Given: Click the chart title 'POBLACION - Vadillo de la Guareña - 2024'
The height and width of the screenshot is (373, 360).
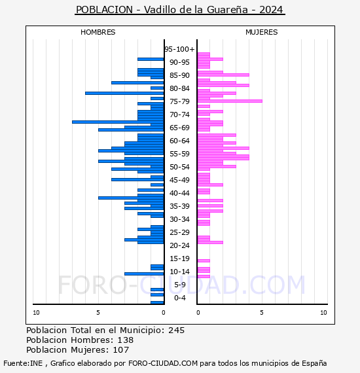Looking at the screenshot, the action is click(179, 10).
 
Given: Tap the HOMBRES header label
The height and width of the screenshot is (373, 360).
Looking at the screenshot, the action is click(98, 32).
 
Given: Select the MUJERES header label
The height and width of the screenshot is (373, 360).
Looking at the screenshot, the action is click(262, 32).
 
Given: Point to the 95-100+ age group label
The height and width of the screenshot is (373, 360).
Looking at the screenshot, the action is click(179, 49).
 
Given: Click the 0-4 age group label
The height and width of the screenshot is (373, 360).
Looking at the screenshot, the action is click(180, 298).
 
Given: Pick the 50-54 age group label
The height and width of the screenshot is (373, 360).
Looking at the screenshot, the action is click(179, 167).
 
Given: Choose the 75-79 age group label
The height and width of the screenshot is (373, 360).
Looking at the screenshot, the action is click(179, 101).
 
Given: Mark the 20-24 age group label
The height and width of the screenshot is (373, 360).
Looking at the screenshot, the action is click(179, 245).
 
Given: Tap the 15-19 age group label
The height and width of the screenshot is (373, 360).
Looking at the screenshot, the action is click(179, 258).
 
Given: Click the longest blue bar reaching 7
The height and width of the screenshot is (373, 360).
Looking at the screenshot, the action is click(118, 122).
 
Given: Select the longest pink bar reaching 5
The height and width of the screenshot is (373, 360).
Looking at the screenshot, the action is click(230, 101).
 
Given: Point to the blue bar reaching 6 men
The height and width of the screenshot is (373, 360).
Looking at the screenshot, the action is click(124, 93).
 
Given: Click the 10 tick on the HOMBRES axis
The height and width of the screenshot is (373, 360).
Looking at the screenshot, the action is click(36, 313).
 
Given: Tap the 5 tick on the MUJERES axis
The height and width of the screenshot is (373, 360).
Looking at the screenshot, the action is click(262, 313).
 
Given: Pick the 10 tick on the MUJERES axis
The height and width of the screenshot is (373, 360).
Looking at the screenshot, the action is click(323, 313).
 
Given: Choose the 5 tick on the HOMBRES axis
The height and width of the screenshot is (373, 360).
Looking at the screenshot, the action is click(98, 313).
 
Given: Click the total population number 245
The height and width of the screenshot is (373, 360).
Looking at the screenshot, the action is click(176, 330).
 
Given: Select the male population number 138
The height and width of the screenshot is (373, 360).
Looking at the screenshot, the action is click(126, 340).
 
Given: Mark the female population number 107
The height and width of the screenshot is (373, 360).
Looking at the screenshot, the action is click(120, 349).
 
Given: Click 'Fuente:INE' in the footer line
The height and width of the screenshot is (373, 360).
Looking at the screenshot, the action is click(23, 363).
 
